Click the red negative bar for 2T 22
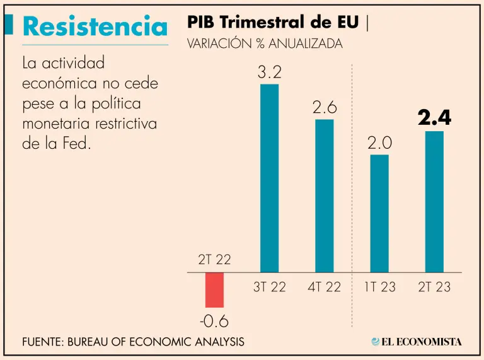(214, 289)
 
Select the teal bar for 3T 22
(269, 178)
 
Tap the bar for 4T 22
(325, 195)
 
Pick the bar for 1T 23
(379, 213)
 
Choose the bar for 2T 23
(434, 201)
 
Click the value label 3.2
(269, 73)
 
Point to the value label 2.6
(325, 108)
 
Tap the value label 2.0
(379, 143)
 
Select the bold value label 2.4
(434, 118)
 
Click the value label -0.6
(214, 322)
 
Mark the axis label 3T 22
(269, 287)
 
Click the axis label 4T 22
(325, 287)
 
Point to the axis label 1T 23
(379, 287)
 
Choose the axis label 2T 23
(434, 287)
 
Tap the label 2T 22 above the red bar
(214, 259)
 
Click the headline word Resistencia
(95, 26)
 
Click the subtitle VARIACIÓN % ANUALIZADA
(265, 44)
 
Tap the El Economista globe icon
(376, 342)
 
